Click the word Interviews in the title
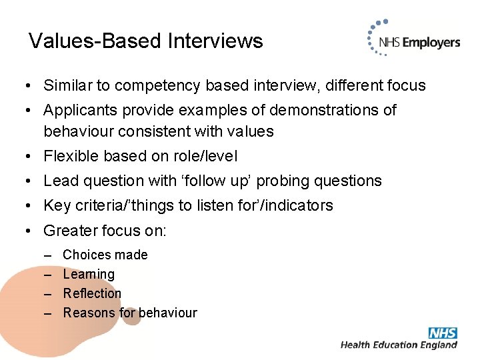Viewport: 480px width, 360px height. coord(215,41)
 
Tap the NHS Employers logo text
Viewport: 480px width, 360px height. coord(419,43)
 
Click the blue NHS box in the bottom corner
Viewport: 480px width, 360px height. coord(443,333)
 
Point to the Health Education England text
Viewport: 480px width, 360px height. coord(399,345)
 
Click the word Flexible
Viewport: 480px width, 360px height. coord(69,156)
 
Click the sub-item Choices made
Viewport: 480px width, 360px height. coord(105,255)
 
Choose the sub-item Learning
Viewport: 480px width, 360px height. coord(89,274)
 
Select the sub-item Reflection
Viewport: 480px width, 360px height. coord(92,293)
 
